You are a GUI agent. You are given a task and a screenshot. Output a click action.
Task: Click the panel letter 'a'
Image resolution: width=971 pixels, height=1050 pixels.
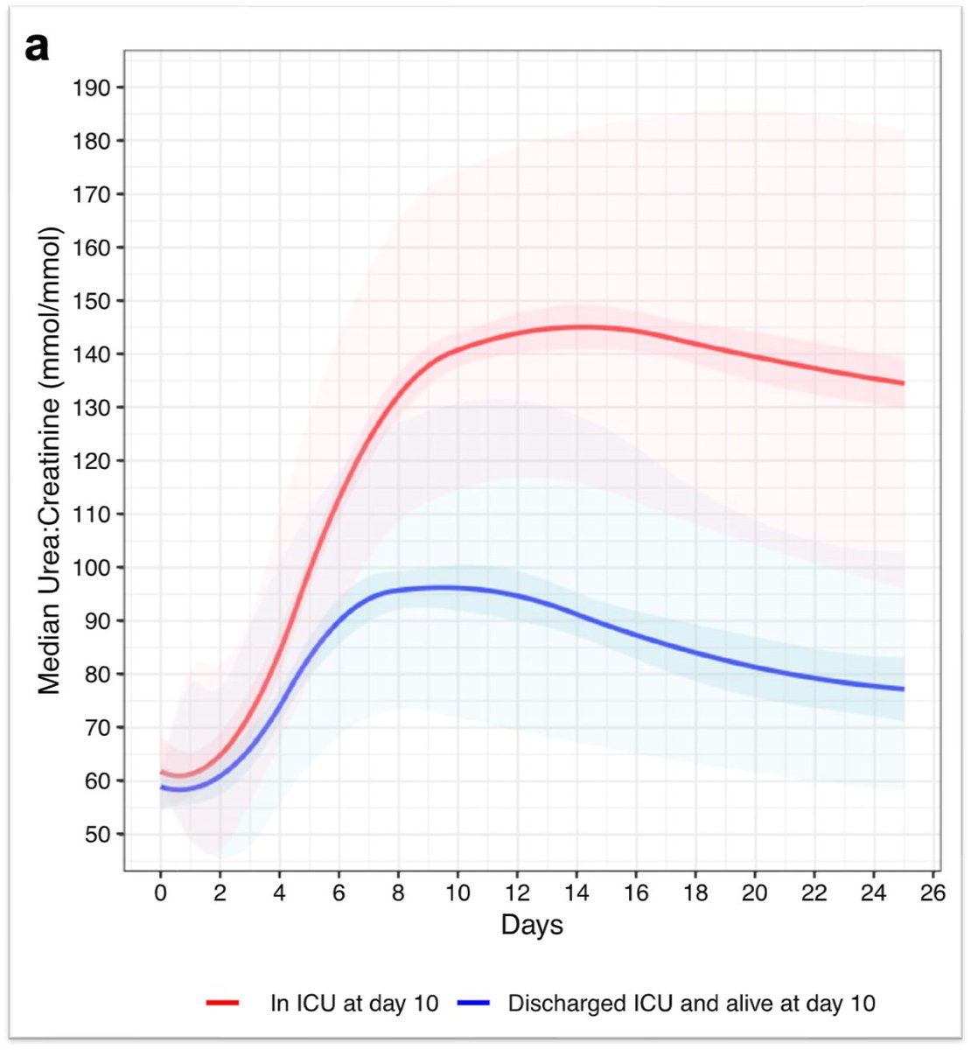(37, 47)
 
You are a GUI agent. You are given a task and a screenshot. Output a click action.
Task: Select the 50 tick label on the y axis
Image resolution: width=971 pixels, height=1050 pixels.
(97, 835)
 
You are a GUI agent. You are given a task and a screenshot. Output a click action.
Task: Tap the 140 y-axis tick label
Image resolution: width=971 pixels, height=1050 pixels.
(93, 354)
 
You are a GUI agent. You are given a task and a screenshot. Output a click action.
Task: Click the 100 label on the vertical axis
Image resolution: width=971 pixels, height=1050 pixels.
(93, 568)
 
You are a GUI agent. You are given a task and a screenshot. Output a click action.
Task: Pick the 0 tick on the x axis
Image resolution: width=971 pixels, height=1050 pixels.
(161, 893)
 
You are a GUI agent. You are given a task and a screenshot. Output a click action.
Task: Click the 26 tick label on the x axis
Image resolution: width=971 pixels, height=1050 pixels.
(933, 893)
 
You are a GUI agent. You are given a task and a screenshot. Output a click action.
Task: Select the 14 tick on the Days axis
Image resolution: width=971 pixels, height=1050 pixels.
(576, 893)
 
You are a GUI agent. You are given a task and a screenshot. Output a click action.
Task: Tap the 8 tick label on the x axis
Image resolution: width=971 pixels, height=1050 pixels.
(399, 893)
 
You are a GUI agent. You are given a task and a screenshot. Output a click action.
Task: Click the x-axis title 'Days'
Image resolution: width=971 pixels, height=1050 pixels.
(532, 925)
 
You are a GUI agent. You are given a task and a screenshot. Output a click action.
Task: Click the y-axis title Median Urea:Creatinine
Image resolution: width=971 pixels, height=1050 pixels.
(50, 460)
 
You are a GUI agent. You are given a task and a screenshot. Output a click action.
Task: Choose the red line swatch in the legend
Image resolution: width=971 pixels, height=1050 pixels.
(223, 1003)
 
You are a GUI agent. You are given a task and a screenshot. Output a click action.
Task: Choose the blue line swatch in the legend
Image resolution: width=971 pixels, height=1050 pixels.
(473, 1003)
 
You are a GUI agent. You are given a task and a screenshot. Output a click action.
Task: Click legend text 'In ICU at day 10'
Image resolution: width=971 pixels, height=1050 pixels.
(354, 1003)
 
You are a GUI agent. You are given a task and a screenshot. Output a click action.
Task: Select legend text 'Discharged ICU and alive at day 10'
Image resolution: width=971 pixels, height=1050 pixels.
(691, 1003)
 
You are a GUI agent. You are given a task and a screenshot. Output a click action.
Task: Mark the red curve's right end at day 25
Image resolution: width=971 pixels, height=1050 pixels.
(903, 383)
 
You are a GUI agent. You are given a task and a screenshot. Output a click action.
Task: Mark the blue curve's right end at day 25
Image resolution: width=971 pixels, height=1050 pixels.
(903, 689)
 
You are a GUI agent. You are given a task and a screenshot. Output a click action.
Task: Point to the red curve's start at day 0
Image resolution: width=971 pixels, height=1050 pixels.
(162, 773)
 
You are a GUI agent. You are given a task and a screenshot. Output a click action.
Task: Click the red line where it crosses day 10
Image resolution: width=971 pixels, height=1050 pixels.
(458, 351)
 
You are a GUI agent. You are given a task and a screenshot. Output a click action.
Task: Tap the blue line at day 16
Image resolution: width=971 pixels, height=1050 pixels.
(636, 633)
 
